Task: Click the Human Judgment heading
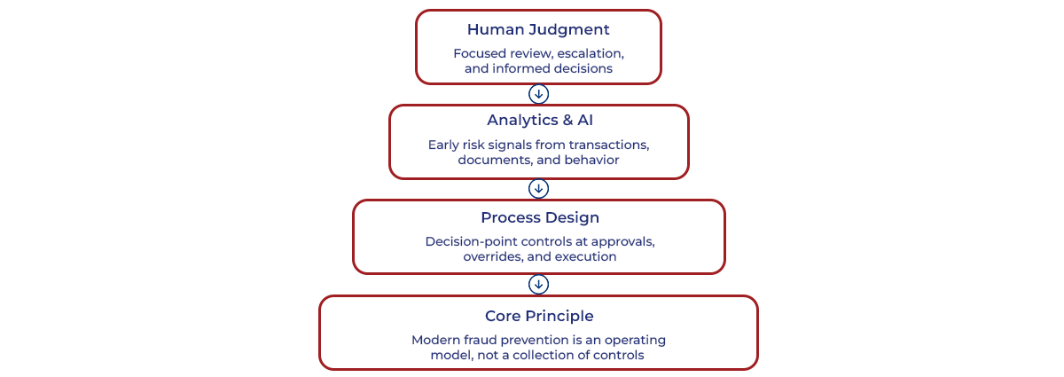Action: click(x=538, y=30)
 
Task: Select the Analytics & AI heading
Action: click(x=538, y=121)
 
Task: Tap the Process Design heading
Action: click(x=539, y=217)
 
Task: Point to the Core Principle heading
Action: click(x=539, y=316)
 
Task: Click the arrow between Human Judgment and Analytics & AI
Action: click(x=538, y=94)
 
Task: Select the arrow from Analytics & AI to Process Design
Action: click(x=538, y=189)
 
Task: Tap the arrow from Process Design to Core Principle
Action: click(x=538, y=284)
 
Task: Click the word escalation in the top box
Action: click(x=591, y=53)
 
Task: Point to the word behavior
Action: click(x=591, y=161)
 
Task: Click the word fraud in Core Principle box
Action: click(x=484, y=340)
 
